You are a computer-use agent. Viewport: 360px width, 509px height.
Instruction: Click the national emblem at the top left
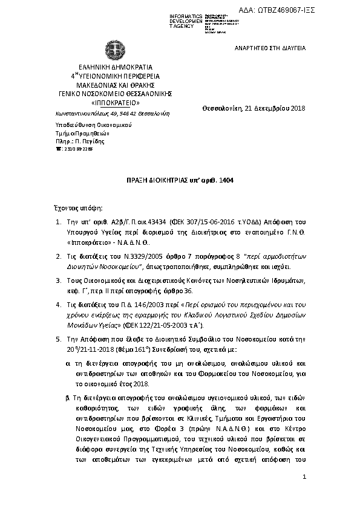point(111,48)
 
